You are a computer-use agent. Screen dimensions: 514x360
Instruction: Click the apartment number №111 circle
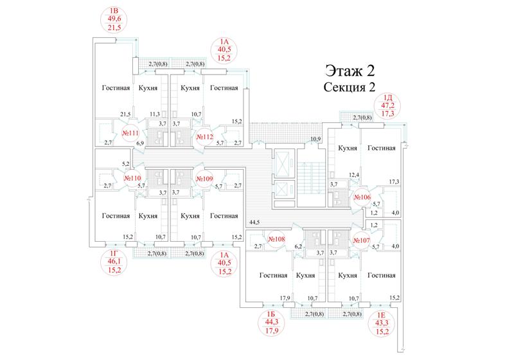coord(130,133)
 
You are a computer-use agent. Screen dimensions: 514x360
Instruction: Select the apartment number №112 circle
coord(204,137)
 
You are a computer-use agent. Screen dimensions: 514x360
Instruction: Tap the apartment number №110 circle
coord(132,178)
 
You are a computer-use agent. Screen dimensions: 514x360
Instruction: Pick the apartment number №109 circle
coord(204,179)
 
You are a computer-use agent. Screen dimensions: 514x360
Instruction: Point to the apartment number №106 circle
coord(362,197)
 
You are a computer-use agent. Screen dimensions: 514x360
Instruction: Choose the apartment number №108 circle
coord(276,239)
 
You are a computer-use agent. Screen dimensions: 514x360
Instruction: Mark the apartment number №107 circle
coord(362,240)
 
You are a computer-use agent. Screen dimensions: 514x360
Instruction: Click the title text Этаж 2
coord(350,71)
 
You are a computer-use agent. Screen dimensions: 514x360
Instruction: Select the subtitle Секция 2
coord(349,87)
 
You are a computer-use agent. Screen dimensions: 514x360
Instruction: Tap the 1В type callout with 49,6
coord(114,19)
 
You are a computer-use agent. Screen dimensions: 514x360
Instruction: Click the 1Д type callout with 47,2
coord(387,106)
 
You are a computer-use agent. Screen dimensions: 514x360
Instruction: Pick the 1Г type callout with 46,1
coord(114,262)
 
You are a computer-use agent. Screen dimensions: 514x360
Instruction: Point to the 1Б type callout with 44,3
coord(272,323)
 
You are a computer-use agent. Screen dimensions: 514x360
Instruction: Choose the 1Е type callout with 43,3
coord(382,323)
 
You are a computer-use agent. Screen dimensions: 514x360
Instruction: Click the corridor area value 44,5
coord(254,222)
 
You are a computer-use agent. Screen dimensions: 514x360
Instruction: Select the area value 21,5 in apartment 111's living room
coord(125,114)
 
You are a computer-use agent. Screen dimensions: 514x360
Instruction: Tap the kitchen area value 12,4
coord(354,175)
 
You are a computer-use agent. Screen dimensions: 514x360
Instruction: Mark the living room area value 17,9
coord(285,298)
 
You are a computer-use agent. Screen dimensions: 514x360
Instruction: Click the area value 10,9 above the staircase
coord(315,139)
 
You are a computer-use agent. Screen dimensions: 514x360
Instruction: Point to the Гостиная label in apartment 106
coord(381,148)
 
